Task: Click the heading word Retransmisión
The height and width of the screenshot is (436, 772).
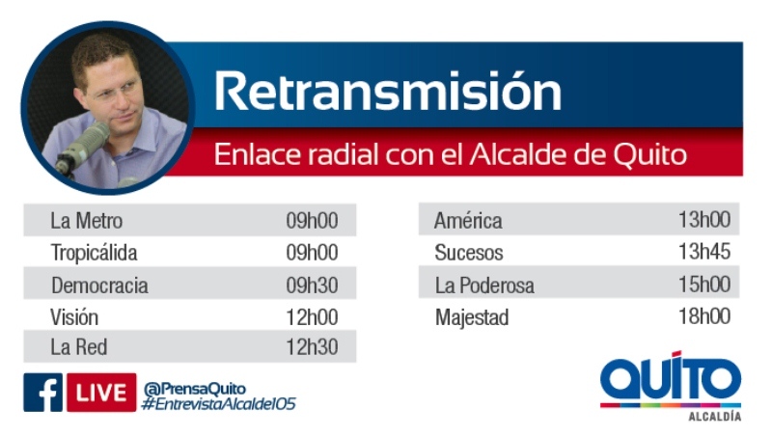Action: click(x=388, y=92)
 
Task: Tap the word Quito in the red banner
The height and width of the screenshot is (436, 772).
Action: click(x=649, y=155)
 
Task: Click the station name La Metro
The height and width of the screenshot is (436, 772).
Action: click(x=86, y=221)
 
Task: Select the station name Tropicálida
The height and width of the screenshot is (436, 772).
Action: click(x=94, y=253)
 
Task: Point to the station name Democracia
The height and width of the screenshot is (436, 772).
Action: click(x=99, y=286)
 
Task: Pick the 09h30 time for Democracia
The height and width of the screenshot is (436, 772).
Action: click(x=312, y=286)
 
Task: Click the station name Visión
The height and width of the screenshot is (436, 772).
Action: click(x=74, y=317)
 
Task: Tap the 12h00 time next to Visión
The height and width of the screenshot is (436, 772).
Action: click(x=312, y=317)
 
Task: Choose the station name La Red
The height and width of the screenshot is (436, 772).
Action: click(x=79, y=347)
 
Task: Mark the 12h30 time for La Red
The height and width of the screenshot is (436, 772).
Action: click(x=312, y=347)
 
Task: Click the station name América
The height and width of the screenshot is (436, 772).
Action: click(x=468, y=220)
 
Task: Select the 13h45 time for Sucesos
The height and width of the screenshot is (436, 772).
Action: click(x=704, y=252)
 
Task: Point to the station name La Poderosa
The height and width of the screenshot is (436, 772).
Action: click(x=484, y=286)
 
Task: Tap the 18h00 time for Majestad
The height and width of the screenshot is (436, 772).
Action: click(x=704, y=316)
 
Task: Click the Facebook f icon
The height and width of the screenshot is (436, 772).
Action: click(x=42, y=393)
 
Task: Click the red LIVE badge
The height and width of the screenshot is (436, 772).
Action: click(x=101, y=393)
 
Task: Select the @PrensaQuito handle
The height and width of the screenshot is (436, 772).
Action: click(x=195, y=389)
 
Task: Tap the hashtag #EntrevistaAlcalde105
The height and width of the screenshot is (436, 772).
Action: click(x=218, y=404)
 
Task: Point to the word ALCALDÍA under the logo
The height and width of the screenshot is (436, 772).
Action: click(x=714, y=417)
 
